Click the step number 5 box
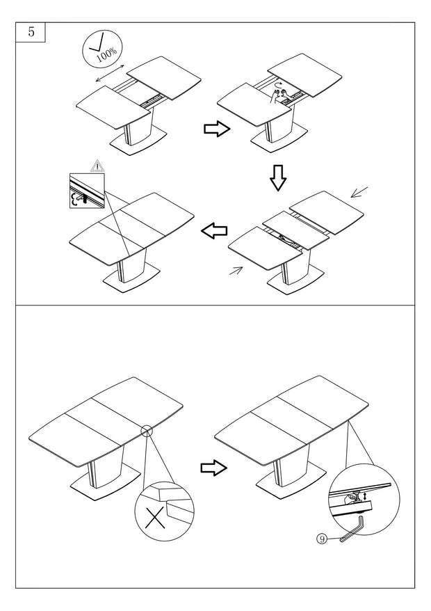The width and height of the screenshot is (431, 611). [x=31, y=32]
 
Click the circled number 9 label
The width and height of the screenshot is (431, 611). [x=321, y=538]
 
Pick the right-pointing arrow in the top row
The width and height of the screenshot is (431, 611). [x=216, y=129]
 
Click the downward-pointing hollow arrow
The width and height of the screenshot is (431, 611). [x=278, y=178]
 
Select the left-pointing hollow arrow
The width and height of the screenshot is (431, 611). [x=214, y=230]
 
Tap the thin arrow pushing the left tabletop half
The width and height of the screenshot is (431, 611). [x=237, y=271]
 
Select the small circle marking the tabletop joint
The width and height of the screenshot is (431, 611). [x=146, y=431]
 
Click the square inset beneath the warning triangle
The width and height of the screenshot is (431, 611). [x=86, y=191]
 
